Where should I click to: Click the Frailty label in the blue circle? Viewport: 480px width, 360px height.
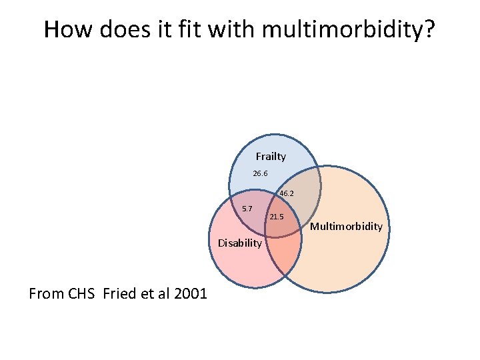(271, 157)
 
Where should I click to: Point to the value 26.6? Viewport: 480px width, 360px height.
(260, 174)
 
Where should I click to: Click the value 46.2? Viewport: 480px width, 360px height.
(287, 193)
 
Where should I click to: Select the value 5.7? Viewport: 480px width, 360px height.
(247, 209)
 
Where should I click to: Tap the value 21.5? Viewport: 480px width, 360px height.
(277, 217)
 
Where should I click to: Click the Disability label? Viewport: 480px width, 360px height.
(240, 243)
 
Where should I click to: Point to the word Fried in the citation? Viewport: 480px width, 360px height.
(121, 293)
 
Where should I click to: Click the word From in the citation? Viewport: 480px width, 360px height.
(47, 293)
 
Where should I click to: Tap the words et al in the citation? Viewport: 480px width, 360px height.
(153, 293)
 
